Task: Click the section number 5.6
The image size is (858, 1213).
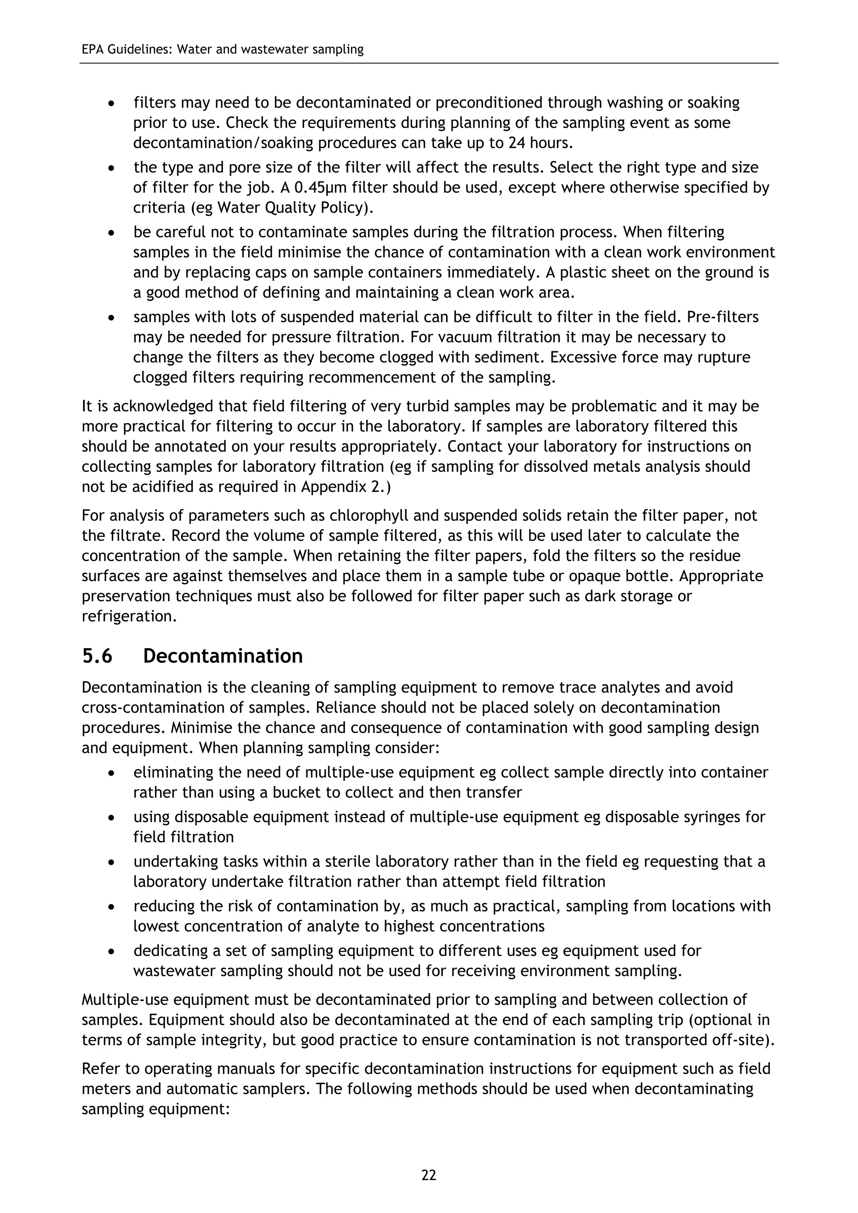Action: pos(97,656)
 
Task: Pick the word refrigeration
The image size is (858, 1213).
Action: pos(129,616)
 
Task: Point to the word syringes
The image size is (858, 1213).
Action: pos(709,817)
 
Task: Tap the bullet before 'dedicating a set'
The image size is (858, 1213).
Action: pos(111,951)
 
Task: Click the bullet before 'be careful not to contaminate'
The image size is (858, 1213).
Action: pos(111,233)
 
